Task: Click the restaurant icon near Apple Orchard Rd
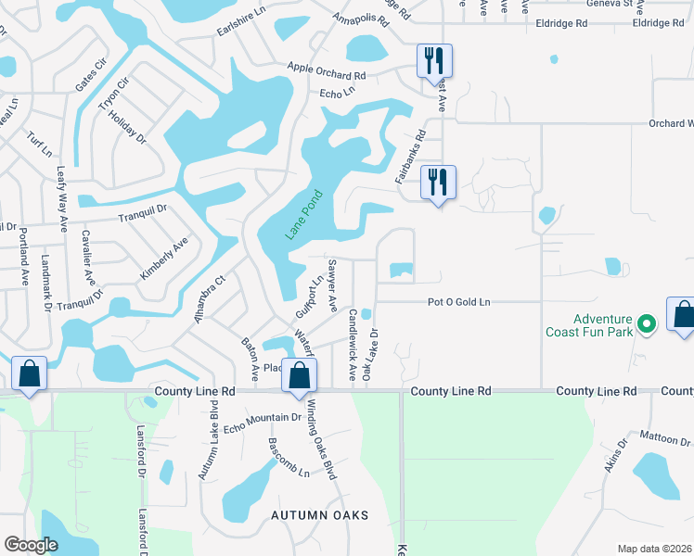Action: tap(434, 61)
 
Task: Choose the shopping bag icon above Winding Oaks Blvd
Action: tap(299, 375)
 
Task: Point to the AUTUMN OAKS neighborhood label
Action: tap(320, 515)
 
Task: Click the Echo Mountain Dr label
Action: tap(262, 422)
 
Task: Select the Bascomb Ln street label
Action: tap(289, 458)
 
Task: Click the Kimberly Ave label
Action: tap(164, 259)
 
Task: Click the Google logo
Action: tap(31, 545)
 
